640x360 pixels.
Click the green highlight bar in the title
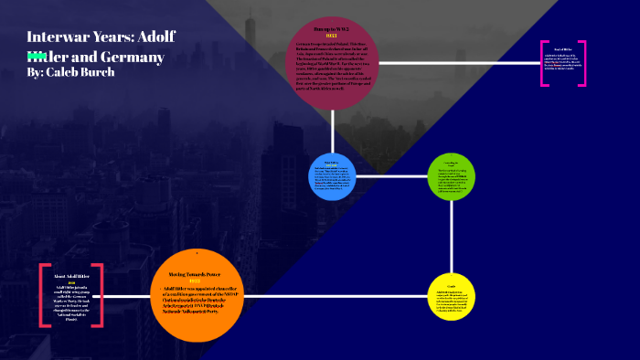click(36, 55)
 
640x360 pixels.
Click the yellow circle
click(452, 297)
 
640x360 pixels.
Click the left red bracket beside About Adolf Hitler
click(42, 294)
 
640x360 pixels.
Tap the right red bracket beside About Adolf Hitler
click(99, 294)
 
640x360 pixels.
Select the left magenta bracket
click(544, 64)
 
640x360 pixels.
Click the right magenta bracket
click(582, 64)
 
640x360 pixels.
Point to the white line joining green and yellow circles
click(452, 238)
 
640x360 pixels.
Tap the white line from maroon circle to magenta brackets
click(457, 64)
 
